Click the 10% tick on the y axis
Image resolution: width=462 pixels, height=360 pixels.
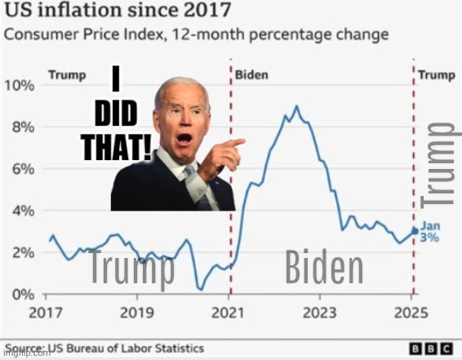coord(20,86)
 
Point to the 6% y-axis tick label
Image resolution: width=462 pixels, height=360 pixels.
coord(20,169)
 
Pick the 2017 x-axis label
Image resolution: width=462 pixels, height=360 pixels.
coord(46,312)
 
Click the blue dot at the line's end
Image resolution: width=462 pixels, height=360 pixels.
coord(414,231)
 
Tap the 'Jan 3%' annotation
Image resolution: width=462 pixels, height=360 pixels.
coord(430,233)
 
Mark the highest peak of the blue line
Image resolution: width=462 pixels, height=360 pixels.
coord(295,107)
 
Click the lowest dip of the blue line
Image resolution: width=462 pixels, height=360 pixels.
coord(200,288)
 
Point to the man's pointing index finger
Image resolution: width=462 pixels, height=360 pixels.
coord(237,142)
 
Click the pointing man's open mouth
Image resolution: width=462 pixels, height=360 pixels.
coord(185,138)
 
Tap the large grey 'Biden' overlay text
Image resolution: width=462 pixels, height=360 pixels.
coord(324,269)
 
